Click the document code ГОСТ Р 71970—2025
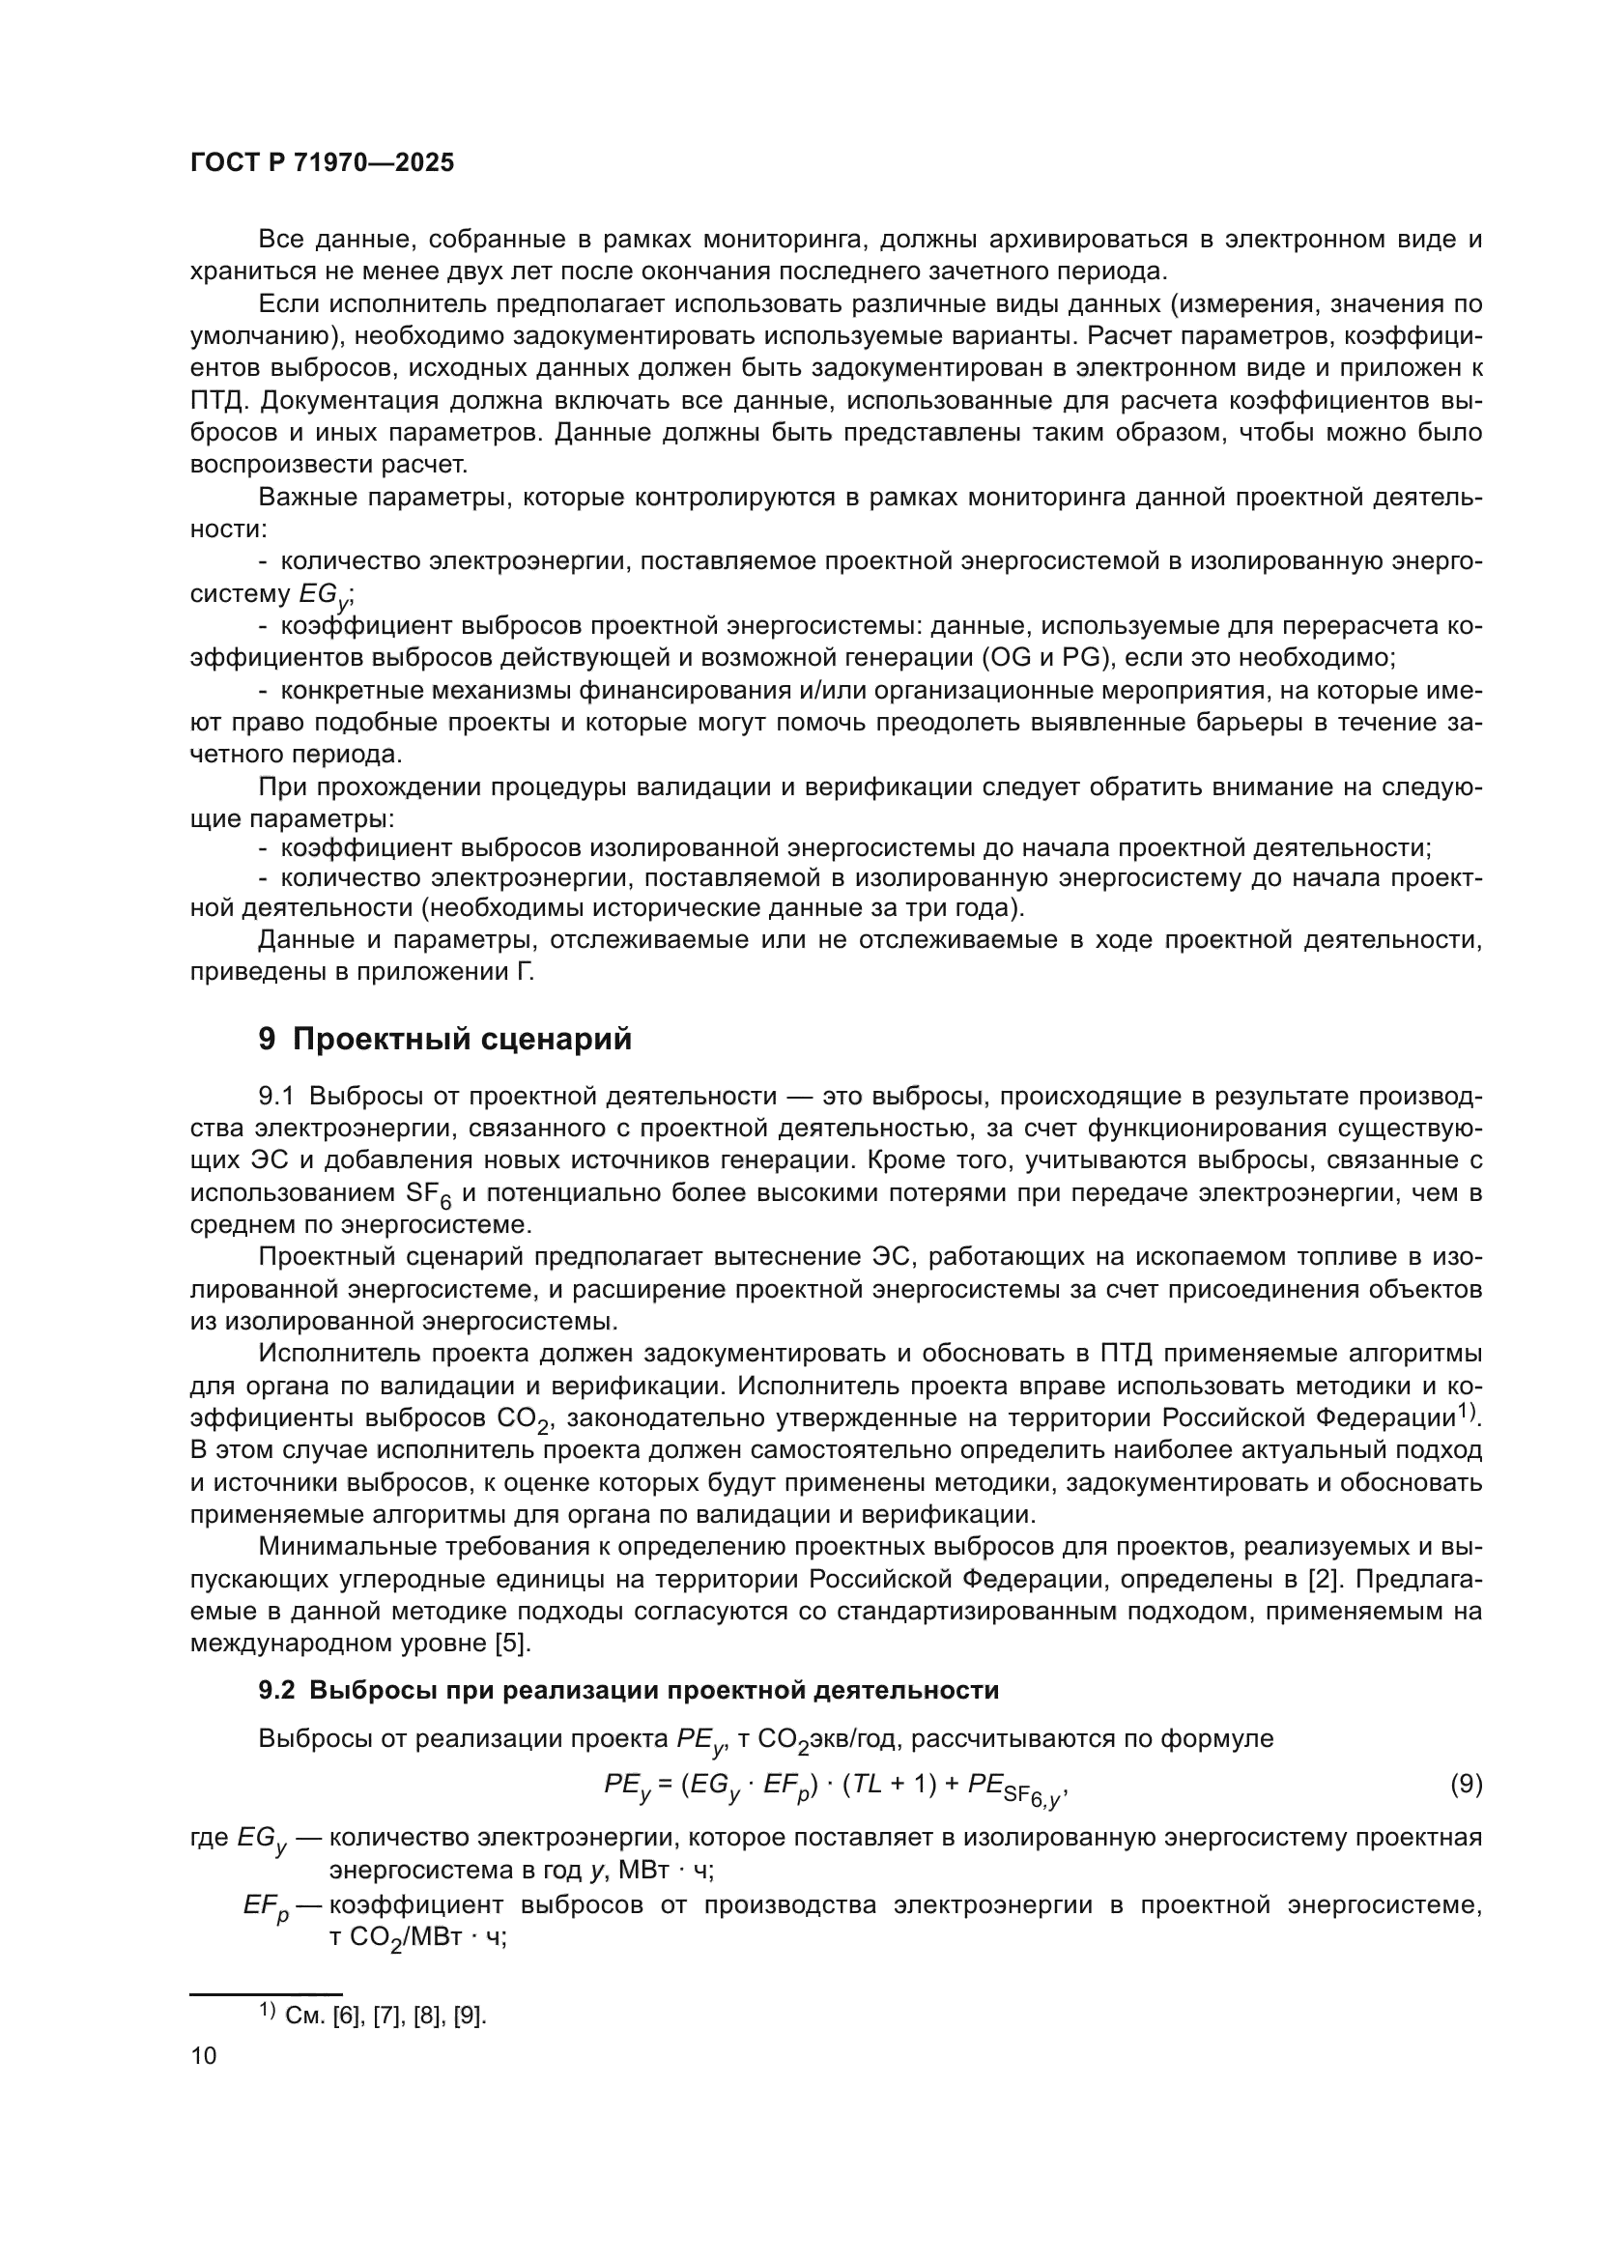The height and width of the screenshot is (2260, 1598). pos(322,163)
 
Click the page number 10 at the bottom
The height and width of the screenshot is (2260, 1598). pos(204,2054)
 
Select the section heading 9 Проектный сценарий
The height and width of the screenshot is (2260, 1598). pos(444,1039)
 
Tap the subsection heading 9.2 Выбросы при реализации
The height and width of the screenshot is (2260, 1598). pos(628,1690)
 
